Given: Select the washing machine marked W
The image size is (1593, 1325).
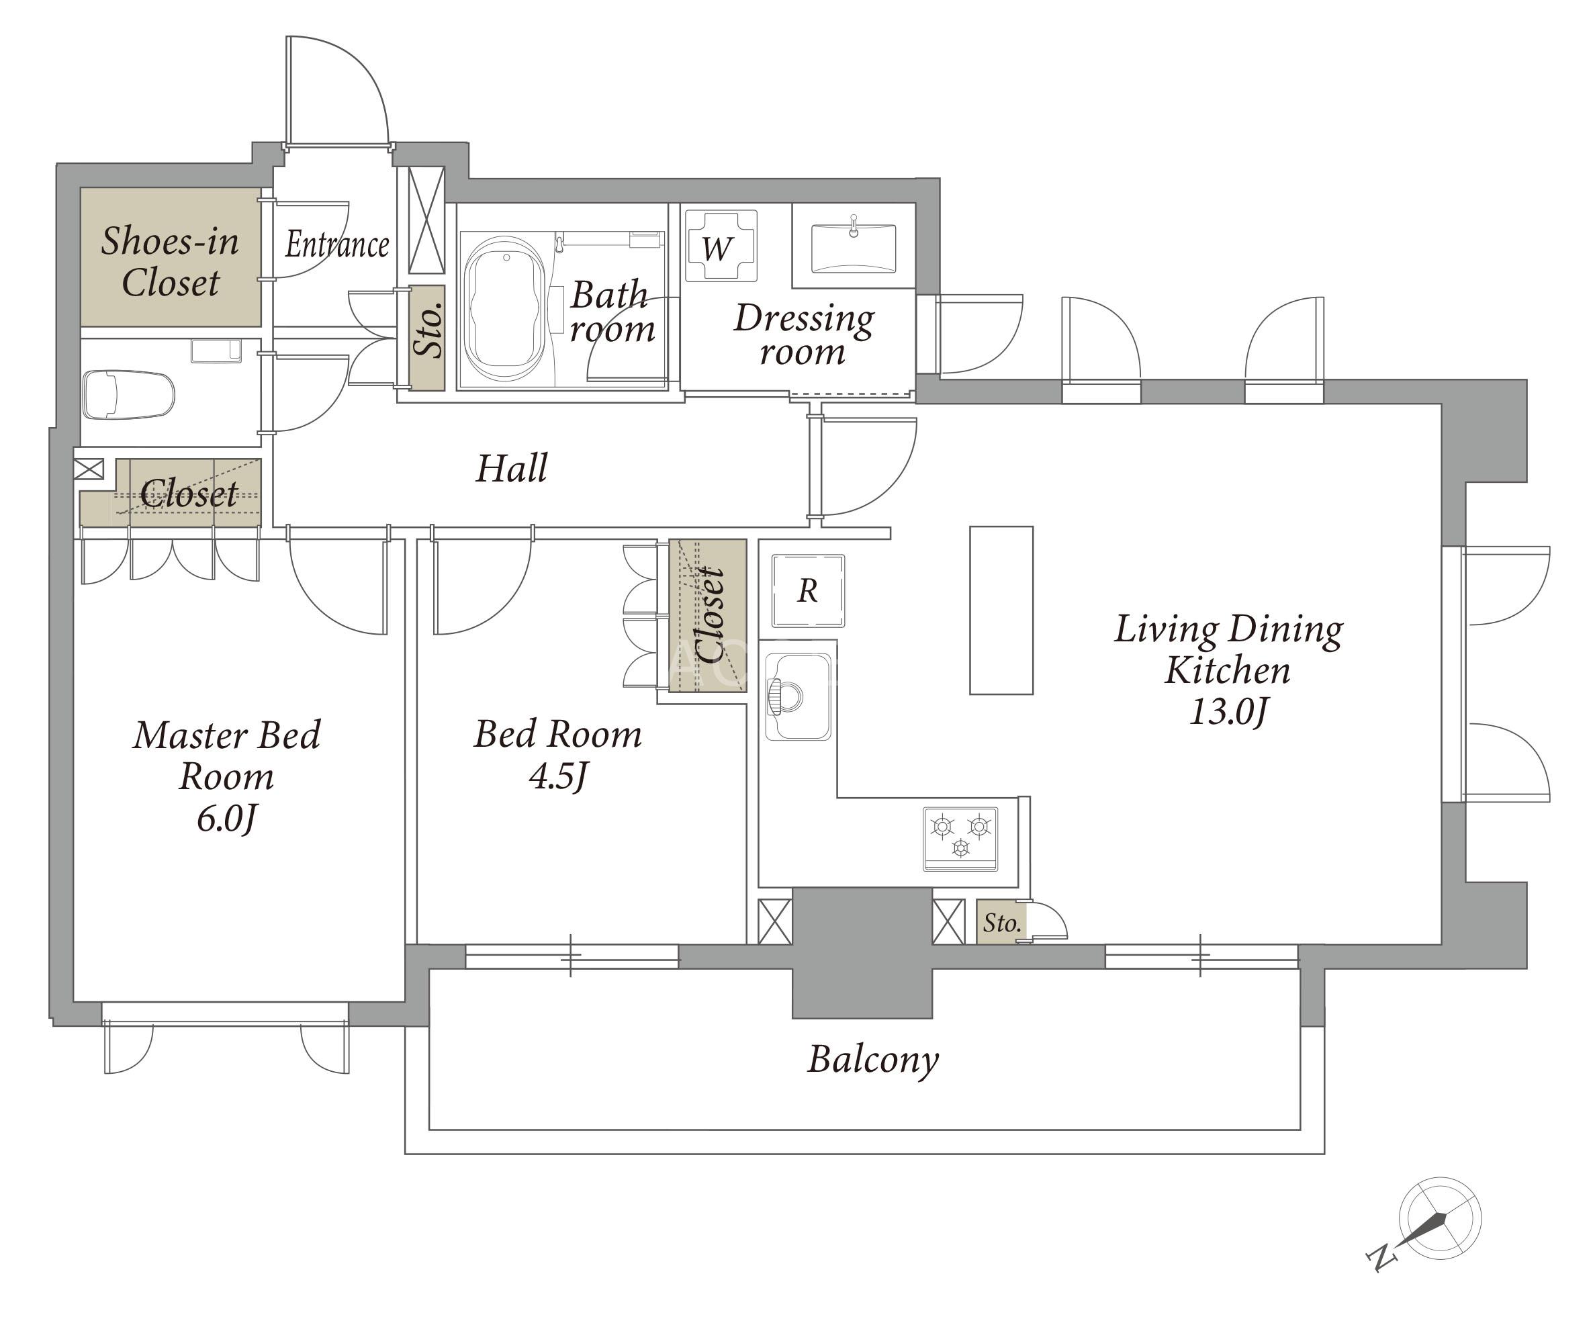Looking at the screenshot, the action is click(x=721, y=246).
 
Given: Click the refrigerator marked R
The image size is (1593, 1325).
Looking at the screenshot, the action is click(x=808, y=591).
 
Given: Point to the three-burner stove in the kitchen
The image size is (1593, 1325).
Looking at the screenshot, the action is click(x=960, y=839).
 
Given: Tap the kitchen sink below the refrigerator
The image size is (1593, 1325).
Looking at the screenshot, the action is click(x=797, y=696).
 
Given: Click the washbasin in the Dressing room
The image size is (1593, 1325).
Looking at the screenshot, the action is click(x=854, y=246).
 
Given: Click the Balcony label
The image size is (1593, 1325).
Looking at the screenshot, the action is click(x=873, y=1060).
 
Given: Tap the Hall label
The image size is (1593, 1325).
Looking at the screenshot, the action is click(x=512, y=469).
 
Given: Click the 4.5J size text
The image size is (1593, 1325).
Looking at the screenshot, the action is click(x=558, y=776).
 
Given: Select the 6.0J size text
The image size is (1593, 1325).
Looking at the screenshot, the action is click(x=227, y=819).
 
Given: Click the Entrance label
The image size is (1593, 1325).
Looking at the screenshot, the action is click(x=338, y=244).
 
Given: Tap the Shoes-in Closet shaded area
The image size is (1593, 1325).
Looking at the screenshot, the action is click(x=171, y=257).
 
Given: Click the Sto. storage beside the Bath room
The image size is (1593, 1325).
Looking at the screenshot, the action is click(x=427, y=338).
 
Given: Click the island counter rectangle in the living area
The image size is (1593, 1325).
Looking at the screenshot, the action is click(x=1001, y=610).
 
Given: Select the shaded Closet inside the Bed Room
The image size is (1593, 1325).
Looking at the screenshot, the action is click(x=709, y=616).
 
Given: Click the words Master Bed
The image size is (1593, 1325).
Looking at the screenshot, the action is click(x=227, y=735).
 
